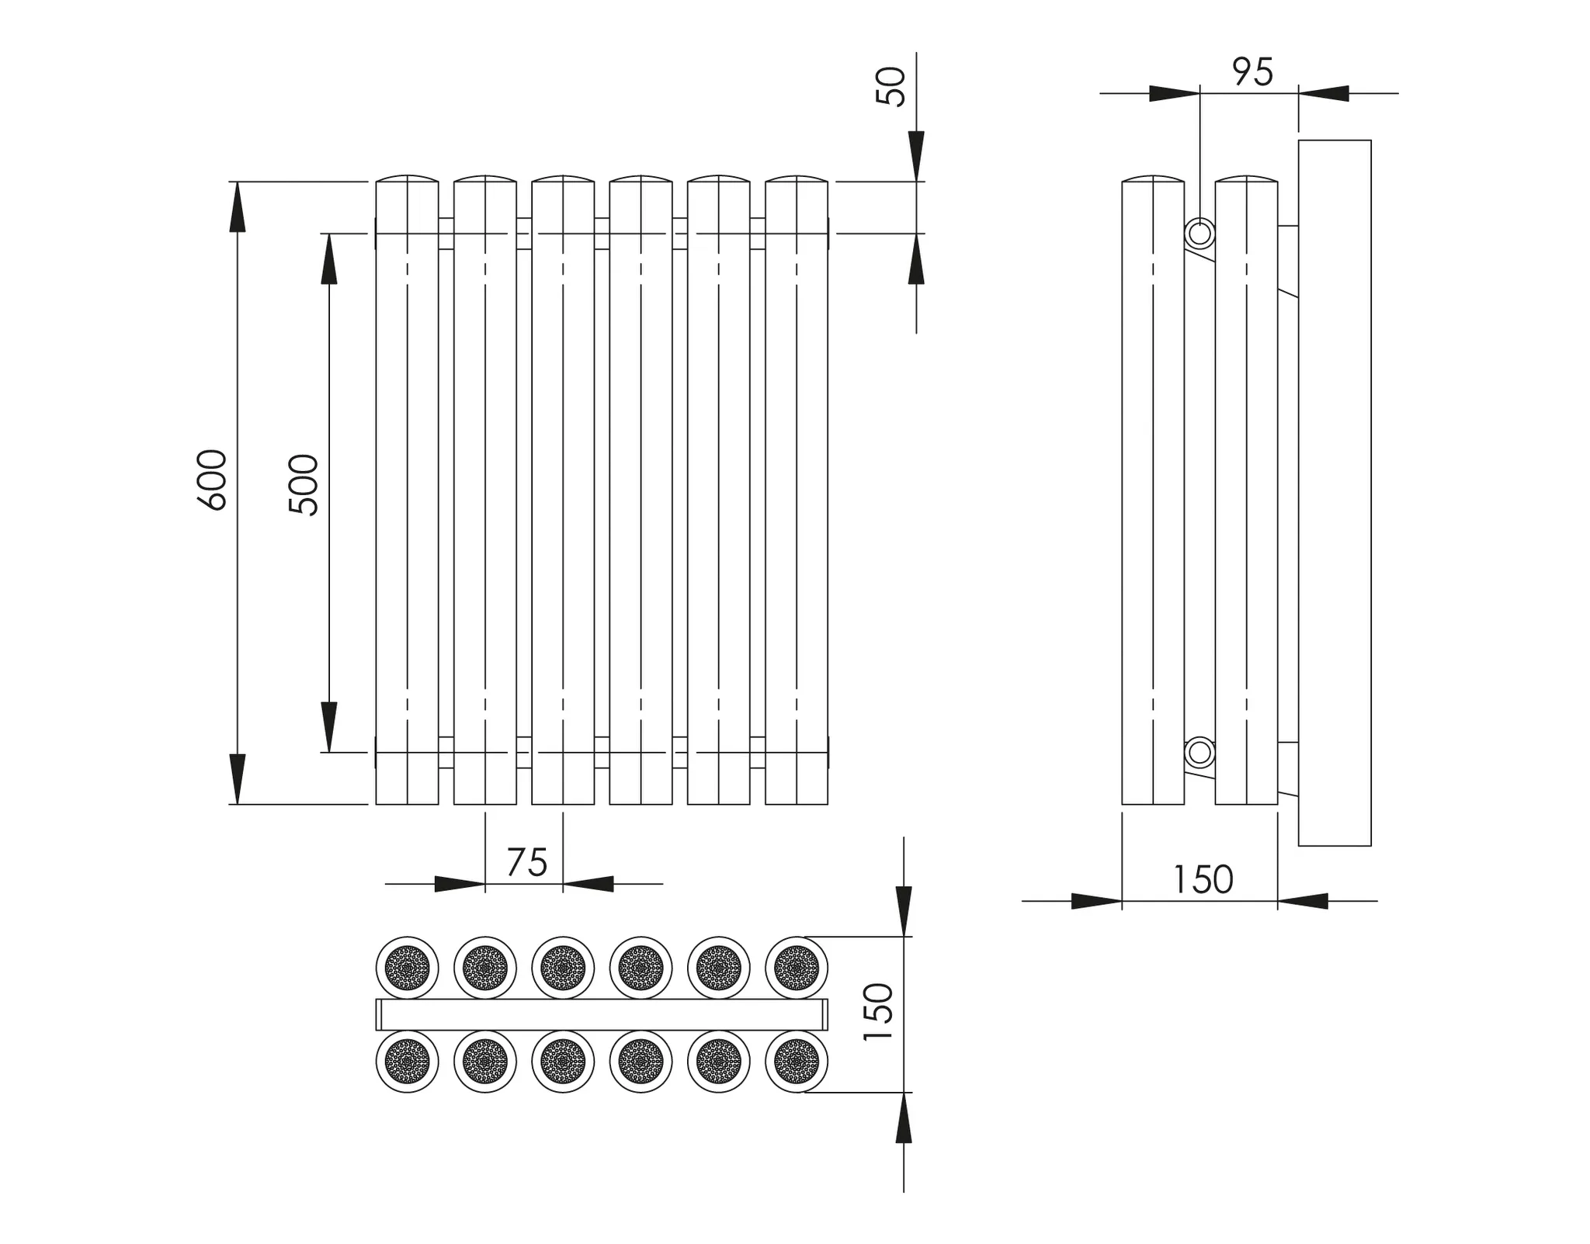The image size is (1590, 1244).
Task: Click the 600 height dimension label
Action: pos(212,480)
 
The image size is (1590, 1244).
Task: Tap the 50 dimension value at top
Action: pos(890,86)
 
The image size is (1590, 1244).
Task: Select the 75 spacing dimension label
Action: pos(526,862)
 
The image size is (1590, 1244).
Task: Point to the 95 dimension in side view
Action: pos(1252,72)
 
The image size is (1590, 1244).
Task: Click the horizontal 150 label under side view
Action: pos(1202,880)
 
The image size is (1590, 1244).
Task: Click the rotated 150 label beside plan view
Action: pos(879,1012)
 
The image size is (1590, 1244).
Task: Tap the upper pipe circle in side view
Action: pos(1199,234)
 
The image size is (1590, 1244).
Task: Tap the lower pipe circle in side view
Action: pos(1199,752)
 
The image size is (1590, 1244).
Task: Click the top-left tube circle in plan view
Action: pos(407,968)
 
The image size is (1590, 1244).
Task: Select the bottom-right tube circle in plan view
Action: pos(796,1061)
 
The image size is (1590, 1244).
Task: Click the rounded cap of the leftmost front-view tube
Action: pos(407,179)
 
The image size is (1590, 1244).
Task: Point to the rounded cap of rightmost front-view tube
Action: pos(796,179)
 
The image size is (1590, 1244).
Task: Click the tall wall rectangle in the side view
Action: pos(1334,493)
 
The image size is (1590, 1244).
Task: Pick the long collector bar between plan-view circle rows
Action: pos(602,1014)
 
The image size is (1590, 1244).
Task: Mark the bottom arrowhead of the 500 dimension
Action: pos(329,726)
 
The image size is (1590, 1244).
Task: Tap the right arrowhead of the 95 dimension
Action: pos(1324,93)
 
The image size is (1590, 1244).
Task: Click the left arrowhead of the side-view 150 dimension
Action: pos(1096,901)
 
